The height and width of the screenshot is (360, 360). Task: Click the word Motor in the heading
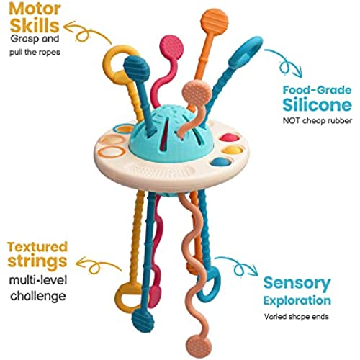(x=35, y=9)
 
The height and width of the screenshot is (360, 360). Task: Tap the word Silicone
(x=317, y=104)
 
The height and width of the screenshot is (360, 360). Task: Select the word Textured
(x=37, y=247)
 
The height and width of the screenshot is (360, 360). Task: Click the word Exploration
(x=297, y=301)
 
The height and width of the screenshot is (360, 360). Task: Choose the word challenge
(x=38, y=297)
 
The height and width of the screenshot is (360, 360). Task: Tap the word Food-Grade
(x=317, y=90)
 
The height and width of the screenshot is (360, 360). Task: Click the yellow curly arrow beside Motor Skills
(x=86, y=32)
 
